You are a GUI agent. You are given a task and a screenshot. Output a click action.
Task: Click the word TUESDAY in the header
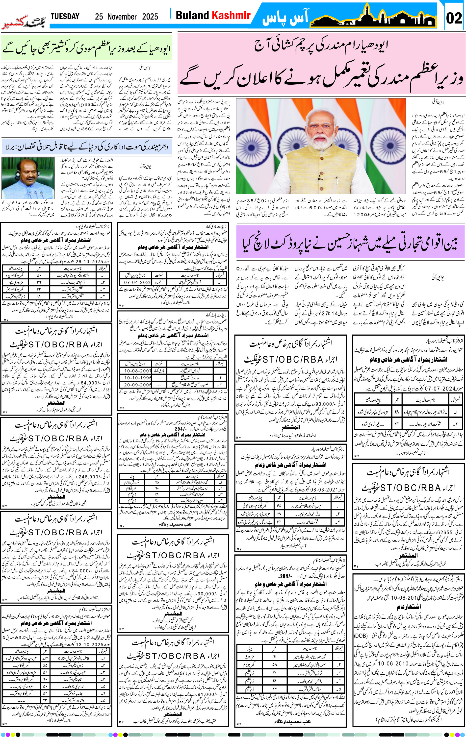pyautogui.click(x=65, y=16)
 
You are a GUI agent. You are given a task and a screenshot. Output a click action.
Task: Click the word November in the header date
pyautogui.click(x=122, y=17)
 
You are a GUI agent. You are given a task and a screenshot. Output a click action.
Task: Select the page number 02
pyautogui.click(x=454, y=18)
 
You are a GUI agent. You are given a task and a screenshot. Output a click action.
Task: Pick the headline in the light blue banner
pyautogui.click(x=86, y=147)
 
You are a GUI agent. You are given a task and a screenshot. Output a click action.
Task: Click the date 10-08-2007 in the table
pyautogui.click(x=137, y=371)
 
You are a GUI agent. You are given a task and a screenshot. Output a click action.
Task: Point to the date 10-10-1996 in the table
pyautogui.click(x=137, y=378)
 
